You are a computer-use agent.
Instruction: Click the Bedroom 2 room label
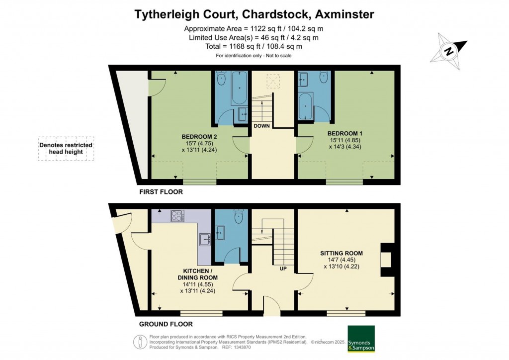(199, 137)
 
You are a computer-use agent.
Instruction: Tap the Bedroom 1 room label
(345, 133)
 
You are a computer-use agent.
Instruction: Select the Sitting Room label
(341, 253)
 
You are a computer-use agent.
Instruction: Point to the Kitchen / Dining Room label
(197, 274)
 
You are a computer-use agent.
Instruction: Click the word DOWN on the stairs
(261, 126)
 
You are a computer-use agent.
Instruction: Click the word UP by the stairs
(283, 269)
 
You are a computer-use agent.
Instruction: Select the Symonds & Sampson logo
(361, 339)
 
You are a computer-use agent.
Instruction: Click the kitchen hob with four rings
(177, 216)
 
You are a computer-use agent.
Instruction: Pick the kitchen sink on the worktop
(205, 240)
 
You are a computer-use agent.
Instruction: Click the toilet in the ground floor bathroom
(239, 216)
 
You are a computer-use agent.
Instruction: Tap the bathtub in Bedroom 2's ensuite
(239, 88)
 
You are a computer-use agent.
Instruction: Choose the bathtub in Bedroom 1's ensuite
(306, 106)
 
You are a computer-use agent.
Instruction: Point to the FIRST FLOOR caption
(161, 192)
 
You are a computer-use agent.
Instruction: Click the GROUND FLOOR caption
(166, 324)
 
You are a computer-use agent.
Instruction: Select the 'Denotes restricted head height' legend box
(66, 149)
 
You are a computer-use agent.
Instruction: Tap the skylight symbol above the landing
(273, 81)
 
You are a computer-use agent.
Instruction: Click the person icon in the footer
(141, 342)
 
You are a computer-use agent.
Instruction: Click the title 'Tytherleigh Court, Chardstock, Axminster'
(254, 14)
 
